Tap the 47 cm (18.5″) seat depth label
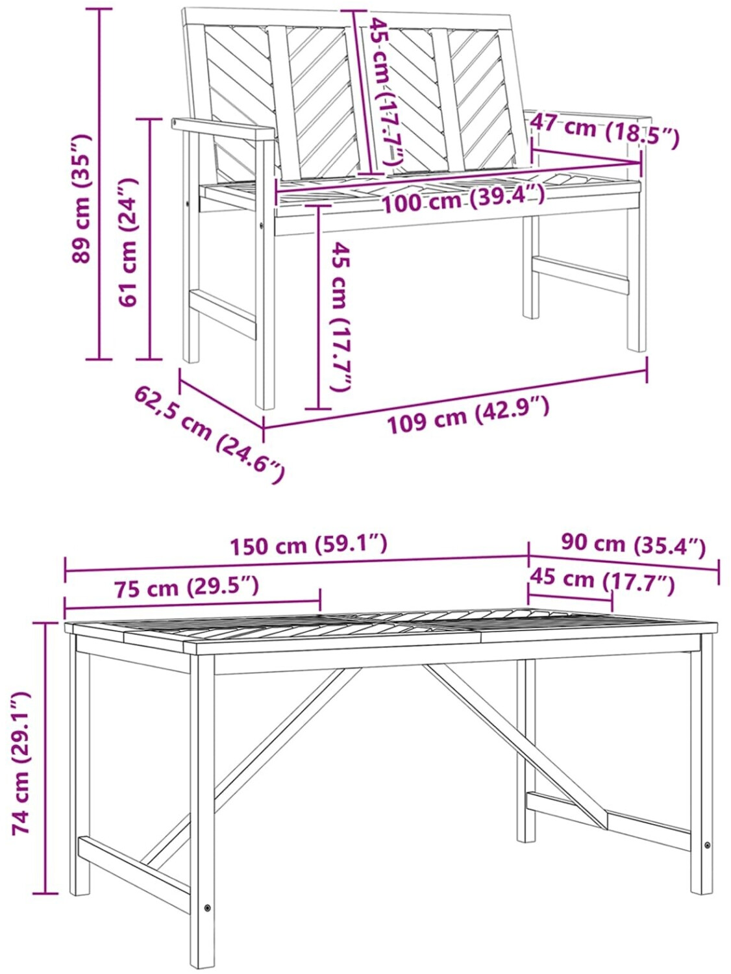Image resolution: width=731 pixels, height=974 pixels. click(x=605, y=130)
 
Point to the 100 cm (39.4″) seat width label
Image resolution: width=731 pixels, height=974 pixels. click(x=463, y=199)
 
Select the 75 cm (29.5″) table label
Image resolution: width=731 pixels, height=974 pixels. click(x=186, y=588)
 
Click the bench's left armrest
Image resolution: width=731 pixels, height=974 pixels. click(x=223, y=129)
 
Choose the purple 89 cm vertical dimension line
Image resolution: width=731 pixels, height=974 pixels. click(x=99, y=184)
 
